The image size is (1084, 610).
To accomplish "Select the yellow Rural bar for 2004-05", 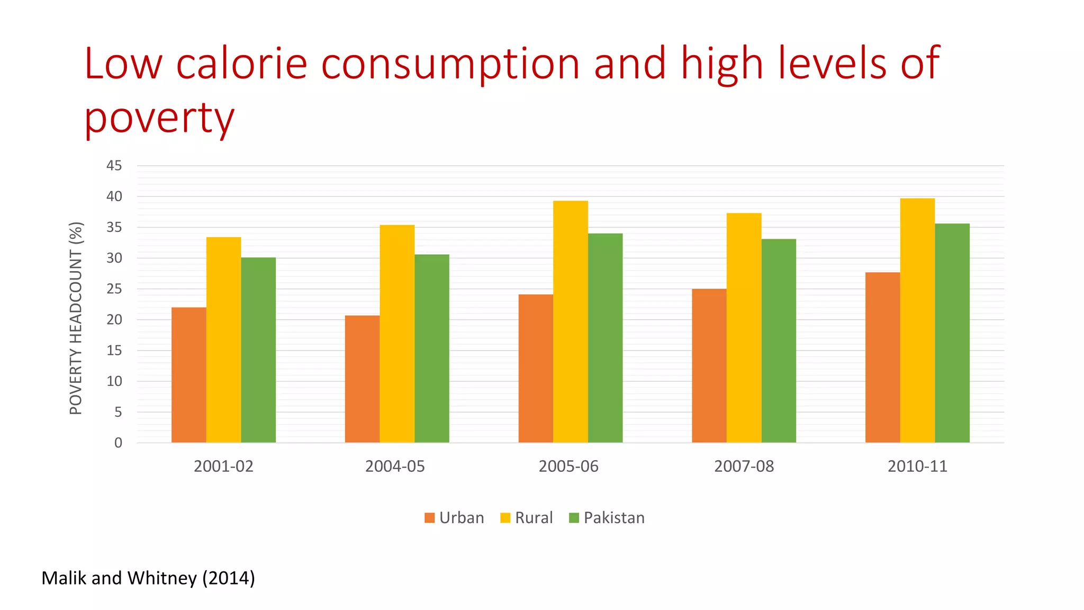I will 397,334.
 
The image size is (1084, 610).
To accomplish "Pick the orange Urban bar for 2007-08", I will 709,365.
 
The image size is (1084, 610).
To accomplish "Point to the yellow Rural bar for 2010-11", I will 917,320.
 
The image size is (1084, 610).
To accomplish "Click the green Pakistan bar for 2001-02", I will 258,350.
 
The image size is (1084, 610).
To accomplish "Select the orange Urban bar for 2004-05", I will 362,379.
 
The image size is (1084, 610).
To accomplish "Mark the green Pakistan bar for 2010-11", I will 952,333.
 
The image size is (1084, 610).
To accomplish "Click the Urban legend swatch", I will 429,518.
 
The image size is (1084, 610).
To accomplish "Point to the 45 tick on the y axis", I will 114,166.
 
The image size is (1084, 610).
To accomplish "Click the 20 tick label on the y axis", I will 114,320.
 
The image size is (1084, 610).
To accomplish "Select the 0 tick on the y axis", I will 118,443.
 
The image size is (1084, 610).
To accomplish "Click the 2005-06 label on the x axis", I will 568,467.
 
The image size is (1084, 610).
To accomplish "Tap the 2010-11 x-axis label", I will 917,467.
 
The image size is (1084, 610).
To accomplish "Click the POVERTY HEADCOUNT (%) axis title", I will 76,318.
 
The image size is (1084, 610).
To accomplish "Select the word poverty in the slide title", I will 159,118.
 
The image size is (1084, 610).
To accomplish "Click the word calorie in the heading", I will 241,64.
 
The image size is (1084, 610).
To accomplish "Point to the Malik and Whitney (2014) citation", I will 148,578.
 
